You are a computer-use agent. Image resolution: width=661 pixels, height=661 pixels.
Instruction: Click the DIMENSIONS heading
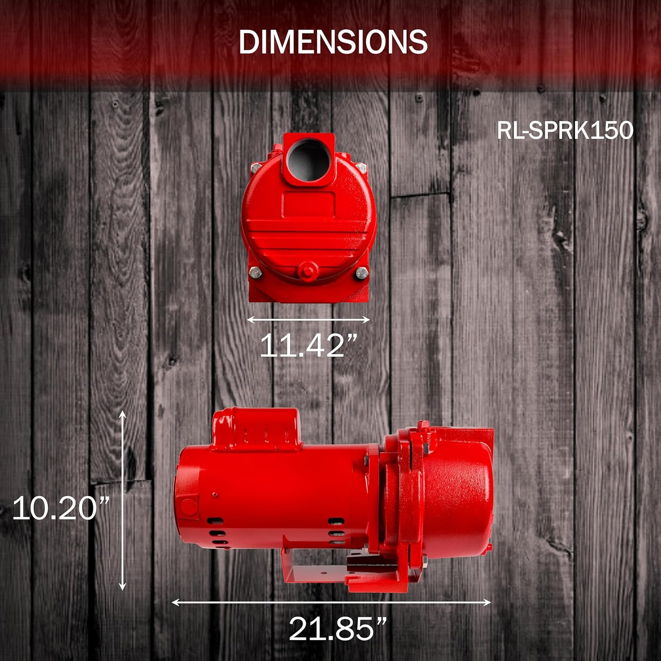pos(333,42)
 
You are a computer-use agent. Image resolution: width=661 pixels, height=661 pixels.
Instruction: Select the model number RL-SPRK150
pos(565,130)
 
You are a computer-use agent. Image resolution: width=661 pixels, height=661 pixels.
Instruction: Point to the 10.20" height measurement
pos(61,508)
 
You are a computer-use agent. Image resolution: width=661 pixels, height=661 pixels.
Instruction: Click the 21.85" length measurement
pos(338,629)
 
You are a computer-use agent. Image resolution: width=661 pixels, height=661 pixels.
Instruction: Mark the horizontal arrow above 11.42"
pos(308,320)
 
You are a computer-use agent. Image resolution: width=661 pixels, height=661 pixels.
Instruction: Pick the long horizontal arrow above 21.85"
pos(331,602)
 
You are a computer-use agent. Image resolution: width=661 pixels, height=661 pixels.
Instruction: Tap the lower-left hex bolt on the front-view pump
pos(256,273)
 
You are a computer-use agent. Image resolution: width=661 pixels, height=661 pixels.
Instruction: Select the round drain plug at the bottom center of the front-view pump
pos(307,269)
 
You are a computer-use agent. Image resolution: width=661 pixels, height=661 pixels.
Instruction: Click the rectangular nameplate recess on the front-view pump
pos(308,204)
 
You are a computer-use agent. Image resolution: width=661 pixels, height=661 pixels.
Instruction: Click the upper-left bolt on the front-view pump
pos(255,167)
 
